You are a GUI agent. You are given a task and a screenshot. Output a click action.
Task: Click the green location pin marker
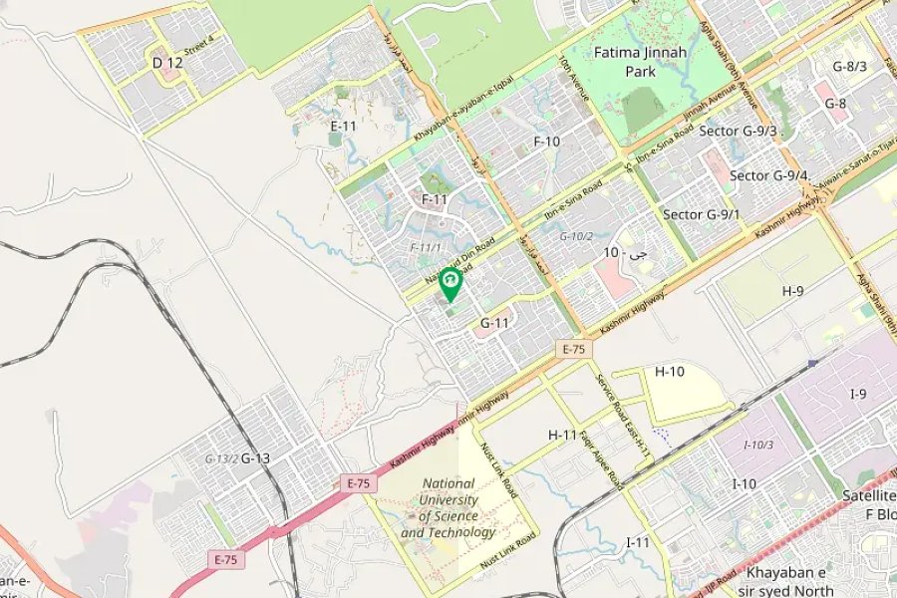pyautogui.click(x=450, y=283)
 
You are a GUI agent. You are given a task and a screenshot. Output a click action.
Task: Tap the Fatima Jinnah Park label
pyautogui.click(x=625, y=62)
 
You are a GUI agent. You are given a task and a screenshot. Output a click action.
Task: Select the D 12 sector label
pyautogui.click(x=167, y=63)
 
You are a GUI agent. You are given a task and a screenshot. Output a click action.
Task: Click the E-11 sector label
pyautogui.click(x=343, y=126)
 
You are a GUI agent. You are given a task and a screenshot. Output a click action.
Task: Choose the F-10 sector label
pyautogui.click(x=546, y=142)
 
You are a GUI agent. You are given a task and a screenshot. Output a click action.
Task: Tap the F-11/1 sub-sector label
pyautogui.click(x=426, y=246)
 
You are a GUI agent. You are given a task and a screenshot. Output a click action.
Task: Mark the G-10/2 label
pyautogui.click(x=576, y=236)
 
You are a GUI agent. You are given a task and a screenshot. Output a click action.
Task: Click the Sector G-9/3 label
pyautogui.click(x=738, y=131)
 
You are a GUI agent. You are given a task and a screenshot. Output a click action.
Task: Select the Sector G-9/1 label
pyautogui.click(x=702, y=214)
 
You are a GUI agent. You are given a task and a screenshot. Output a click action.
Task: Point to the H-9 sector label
pyautogui.click(x=793, y=291)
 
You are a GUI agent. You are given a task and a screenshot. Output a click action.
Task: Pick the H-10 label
pyautogui.click(x=670, y=372)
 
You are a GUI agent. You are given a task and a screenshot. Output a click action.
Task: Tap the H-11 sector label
pyautogui.click(x=563, y=435)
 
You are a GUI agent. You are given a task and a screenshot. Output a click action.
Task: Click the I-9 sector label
pyautogui.click(x=858, y=395)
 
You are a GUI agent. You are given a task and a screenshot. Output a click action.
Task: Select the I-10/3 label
pyautogui.click(x=758, y=444)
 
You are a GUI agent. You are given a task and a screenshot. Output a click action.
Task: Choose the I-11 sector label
pyautogui.click(x=638, y=542)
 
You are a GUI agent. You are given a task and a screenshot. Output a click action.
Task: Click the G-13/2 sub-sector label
pyautogui.click(x=221, y=458)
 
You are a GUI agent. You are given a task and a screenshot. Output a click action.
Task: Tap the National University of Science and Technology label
pyautogui.click(x=448, y=508)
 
